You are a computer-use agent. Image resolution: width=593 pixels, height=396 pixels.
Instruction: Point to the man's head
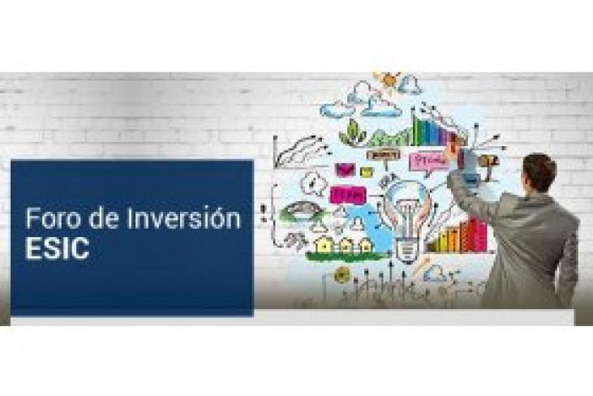[539, 173]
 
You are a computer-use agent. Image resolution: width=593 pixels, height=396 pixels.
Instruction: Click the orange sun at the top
[387, 81]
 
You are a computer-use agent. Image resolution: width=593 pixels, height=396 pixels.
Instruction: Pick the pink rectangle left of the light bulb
[347, 195]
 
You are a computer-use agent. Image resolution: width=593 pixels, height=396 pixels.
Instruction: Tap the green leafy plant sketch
[353, 132]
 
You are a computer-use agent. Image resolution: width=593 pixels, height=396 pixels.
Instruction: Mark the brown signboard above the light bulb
[379, 154]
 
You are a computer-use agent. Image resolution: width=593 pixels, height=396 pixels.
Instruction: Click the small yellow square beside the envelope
[367, 172]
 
